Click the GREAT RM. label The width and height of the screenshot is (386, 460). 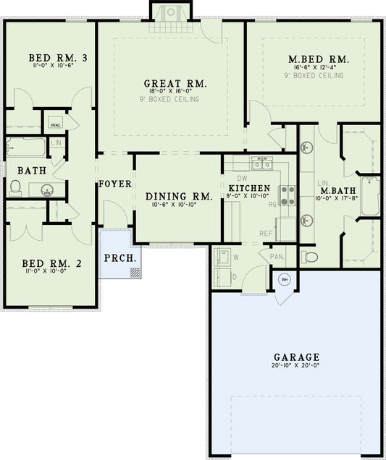pyautogui.click(x=175, y=84)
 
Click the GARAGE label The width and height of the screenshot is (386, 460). pyautogui.click(x=296, y=357)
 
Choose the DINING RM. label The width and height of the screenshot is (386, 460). pyautogui.click(x=178, y=196)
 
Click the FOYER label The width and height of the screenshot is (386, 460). pyautogui.click(x=115, y=184)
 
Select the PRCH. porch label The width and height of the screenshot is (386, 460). pyautogui.click(x=117, y=258)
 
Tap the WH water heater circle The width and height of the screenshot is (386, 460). pyautogui.click(x=285, y=279)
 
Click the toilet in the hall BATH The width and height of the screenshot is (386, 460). pyautogui.click(x=14, y=187)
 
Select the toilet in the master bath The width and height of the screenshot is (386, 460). pyautogui.click(x=310, y=256)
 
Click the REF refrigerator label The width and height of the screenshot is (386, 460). pyautogui.click(x=267, y=233)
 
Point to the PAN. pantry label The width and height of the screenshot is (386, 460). pyautogui.click(x=277, y=256)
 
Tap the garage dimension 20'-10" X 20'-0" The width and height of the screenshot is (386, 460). pyautogui.click(x=296, y=367)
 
